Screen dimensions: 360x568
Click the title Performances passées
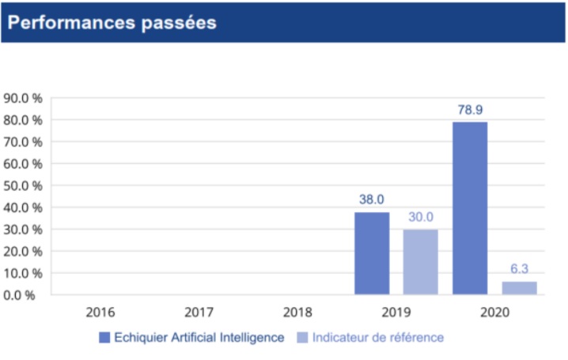112,22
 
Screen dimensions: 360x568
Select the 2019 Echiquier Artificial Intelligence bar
372,253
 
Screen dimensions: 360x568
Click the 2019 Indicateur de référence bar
420,262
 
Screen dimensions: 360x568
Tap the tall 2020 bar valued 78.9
470,208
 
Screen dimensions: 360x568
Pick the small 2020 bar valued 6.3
519,288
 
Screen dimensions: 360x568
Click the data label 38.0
372,200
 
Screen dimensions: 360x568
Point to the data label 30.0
420,218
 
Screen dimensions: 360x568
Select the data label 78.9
470,110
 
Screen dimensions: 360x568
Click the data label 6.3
519,270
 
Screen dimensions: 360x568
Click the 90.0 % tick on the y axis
23,99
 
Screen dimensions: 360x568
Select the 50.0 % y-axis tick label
23,186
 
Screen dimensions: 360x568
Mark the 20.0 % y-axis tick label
23,252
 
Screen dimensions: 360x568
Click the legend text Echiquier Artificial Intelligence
199,338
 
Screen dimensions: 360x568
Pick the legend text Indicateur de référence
378,338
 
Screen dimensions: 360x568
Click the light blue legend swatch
302,338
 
